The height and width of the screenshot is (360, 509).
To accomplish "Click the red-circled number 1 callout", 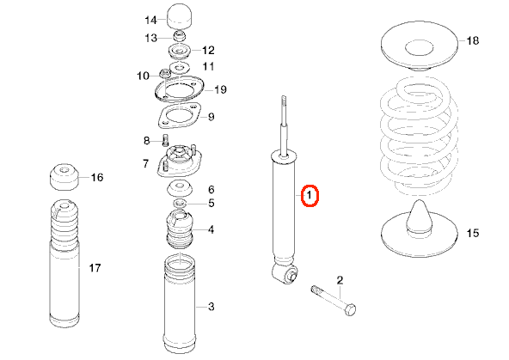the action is point(310,195).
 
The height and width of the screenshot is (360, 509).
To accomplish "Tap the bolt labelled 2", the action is point(334,301).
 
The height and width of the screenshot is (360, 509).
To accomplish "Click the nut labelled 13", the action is point(179,36).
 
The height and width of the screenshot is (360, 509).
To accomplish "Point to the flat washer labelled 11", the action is point(179,68).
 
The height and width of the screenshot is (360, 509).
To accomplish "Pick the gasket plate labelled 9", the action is point(179,115).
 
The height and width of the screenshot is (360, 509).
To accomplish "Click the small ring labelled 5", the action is point(180,204).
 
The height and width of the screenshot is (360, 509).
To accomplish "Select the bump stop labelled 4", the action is point(180,229).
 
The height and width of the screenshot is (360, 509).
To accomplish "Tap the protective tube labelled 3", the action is point(180,303).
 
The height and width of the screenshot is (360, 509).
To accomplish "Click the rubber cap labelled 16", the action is point(64,177).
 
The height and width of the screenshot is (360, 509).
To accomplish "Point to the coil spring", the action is point(420,137).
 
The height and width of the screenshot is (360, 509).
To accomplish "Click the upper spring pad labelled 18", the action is point(419,46).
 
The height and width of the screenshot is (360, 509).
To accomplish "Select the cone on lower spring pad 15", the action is point(419,217).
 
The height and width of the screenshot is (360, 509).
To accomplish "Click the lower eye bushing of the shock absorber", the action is point(285,274).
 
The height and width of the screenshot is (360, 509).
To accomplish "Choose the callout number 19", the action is point(220,89).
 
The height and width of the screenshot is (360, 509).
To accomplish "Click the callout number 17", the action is point(95,268).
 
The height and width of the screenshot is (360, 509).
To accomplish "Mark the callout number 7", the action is point(145,163).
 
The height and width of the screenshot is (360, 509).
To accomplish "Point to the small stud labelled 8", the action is point(165,140).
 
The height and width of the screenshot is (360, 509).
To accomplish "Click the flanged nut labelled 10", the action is point(164,74).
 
